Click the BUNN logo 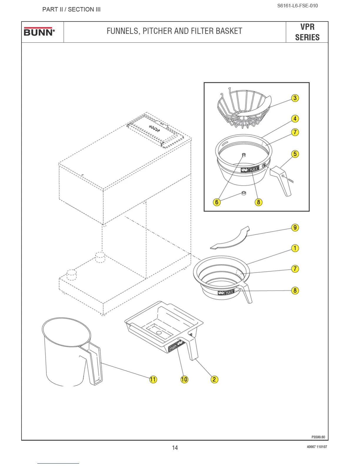[x=39, y=31]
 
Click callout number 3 [x=295, y=98]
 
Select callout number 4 [x=295, y=119]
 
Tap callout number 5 [x=295, y=154]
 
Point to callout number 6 [x=217, y=202]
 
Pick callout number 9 [x=295, y=227]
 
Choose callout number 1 [x=295, y=248]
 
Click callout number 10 [x=184, y=379]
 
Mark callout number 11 [x=153, y=379]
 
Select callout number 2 [x=214, y=379]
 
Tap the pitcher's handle [x=95, y=365]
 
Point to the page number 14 [x=175, y=447]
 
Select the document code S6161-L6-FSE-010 [x=297, y=6]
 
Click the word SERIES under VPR [x=307, y=37]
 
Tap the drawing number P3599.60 [x=318, y=437]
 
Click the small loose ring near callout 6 [x=244, y=193]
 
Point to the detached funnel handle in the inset [x=281, y=180]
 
